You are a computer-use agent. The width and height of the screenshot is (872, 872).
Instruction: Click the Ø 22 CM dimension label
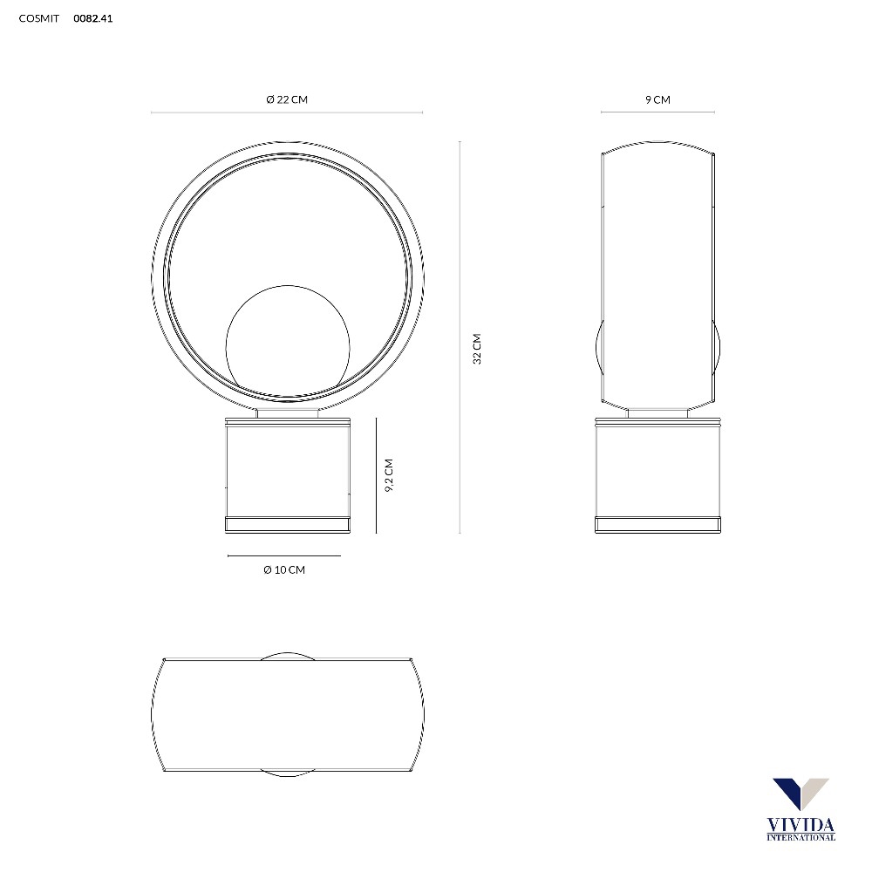(287, 99)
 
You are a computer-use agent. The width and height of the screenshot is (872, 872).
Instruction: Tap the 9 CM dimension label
(657, 100)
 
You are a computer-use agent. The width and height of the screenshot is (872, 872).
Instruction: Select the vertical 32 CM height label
(477, 350)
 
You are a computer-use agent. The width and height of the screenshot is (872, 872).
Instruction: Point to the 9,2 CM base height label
(389, 475)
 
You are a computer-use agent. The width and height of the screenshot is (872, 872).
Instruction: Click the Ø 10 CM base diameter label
(284, 570)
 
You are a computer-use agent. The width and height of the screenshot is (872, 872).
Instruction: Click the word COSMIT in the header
(39, 18)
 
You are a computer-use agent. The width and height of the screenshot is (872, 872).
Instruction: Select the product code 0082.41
(93, 18)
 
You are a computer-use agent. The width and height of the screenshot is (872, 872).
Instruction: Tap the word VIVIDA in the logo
(800, 825)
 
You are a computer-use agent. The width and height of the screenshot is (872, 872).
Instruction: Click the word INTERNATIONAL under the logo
(800, 837)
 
